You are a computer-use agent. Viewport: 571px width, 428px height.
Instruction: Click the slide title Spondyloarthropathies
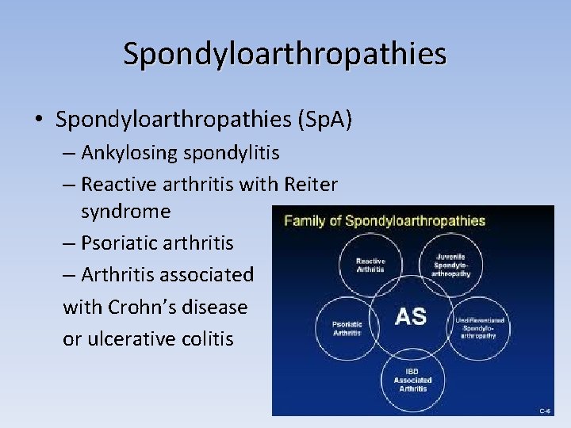(x=285, y=53)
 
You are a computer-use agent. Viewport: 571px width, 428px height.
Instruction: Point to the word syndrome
(x=125, y=212)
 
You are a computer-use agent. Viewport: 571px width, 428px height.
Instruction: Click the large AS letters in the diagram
(x=410, y=316)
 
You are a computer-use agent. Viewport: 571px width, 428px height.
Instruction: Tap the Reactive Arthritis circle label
(x=370, y=265)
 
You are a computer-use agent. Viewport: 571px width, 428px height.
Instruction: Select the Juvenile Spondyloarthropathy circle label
(x=450, y=265)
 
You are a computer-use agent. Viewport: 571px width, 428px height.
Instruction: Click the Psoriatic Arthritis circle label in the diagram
(x=346, y=327)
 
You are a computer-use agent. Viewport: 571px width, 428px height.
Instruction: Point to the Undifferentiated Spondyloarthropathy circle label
(x=481, y=327)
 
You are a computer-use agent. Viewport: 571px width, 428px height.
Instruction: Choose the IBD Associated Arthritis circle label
(x=412, y=380)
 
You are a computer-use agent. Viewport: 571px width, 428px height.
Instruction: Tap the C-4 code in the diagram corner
(x=545, y=411)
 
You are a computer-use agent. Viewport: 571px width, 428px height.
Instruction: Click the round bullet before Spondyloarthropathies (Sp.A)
(x=38, y=120)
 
